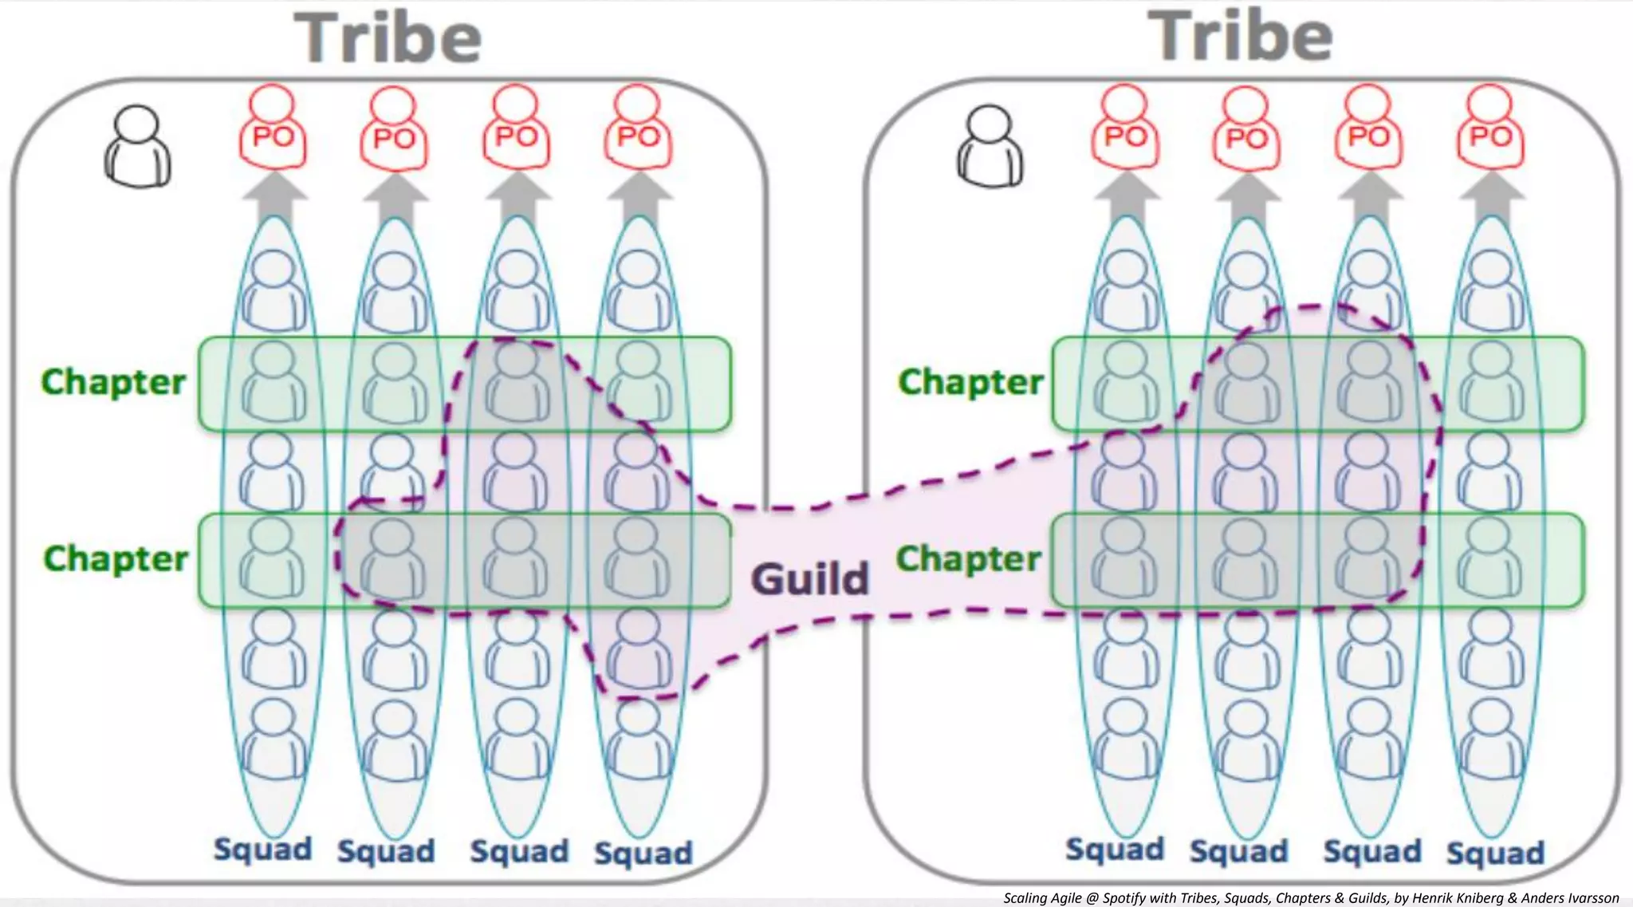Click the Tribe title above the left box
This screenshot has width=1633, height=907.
click(388, 38)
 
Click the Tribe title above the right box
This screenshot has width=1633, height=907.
click(1240, 37)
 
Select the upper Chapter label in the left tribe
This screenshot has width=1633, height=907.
click(113, 381)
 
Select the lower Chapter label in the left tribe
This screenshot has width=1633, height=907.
click(116, 558)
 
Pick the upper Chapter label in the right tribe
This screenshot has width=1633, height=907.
click(970, 381)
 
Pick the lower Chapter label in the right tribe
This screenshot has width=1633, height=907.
click(969, 558)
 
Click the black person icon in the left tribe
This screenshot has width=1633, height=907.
click(137, 147)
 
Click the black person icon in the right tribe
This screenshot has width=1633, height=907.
click(990, 147)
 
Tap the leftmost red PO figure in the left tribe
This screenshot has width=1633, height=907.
click(273, 129)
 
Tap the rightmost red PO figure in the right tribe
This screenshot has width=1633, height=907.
click(1490, 129)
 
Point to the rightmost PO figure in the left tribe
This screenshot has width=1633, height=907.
click(638, 129)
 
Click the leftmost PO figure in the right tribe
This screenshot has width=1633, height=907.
click(1125, 129)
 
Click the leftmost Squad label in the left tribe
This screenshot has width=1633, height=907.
click(262, 850)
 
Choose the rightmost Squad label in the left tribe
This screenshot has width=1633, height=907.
click(643, 853)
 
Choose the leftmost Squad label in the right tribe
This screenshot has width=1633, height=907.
click(1115, 850)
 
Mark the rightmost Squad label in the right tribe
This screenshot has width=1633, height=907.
click(1495, 853)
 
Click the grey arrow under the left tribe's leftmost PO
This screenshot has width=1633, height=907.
click(274, 196)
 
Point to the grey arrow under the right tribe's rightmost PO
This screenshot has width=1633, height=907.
click(1492, 196)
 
